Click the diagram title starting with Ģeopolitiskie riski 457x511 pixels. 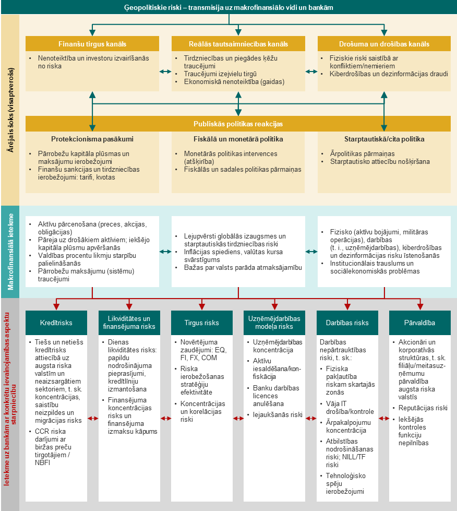click(x=228, y=7)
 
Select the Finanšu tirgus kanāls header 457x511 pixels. click(x=92, y=44)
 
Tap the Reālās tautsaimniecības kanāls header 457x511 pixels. click(x=238, y=44)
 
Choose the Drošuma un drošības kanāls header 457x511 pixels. click(x=384, y=44)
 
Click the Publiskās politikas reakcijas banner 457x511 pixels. click(x=238, y=124)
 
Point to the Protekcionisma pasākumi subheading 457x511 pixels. click(x=92, y=139)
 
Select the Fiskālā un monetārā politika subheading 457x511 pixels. click(x=238, y=139)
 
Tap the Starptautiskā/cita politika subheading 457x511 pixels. click(x=384, y=139)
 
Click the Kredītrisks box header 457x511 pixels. click(x=56, y=323)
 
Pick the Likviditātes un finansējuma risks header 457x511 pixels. click(x=129, y=323)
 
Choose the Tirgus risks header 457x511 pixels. click(x=202, y=323)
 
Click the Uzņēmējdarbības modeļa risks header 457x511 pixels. click(x=274, y=323)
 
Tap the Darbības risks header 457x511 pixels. click(x=347, y=323)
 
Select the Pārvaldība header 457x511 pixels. click(x=420, y=323)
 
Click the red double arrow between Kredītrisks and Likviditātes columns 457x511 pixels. click(x=93, y=419)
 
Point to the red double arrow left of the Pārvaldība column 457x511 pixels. click(x=384, y=419)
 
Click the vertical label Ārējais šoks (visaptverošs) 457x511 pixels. click(x=11, y=110)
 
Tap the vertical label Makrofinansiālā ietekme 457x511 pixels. click(x=11, y=252)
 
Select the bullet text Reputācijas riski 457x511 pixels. click(x=423, y=408)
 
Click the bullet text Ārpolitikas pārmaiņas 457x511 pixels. click(x=362, y=154)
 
